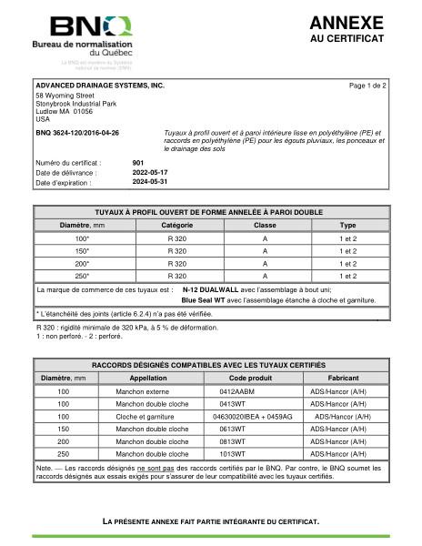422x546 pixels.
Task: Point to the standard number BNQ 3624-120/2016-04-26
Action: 76,134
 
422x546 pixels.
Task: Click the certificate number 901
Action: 138,162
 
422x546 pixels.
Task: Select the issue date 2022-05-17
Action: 150,172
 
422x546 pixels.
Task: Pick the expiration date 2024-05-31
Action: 150,182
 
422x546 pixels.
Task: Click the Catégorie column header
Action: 176,223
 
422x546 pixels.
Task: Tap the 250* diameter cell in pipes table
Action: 82,275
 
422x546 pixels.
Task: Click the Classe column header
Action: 264,223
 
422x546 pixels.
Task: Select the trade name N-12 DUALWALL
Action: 211,288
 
